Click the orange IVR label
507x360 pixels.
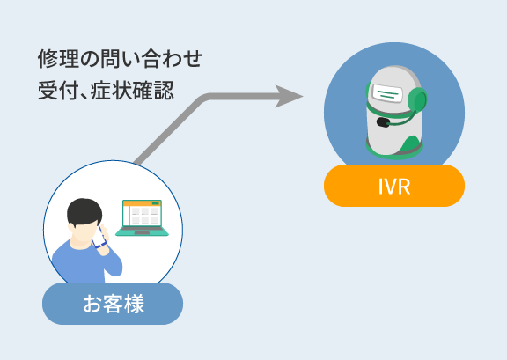[x=394, y=186]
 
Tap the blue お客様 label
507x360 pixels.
[x=113, y=304]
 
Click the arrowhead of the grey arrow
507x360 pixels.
[x=289, y=97]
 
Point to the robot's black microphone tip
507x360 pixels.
[x=383, y=122]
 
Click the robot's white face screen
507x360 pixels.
[x=387, y=92]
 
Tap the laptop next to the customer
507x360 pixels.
[x=143, y=217]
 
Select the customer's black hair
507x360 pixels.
[x=84, y=213]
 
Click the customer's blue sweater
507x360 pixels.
[x=85, y=262]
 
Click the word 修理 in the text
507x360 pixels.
[x=58, y=59]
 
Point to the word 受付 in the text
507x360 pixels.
[x=58, y=90]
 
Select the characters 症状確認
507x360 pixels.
[x=132, y=90]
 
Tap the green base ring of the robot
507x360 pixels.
[x=394, y=151]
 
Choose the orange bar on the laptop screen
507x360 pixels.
[x=143, y=203]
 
